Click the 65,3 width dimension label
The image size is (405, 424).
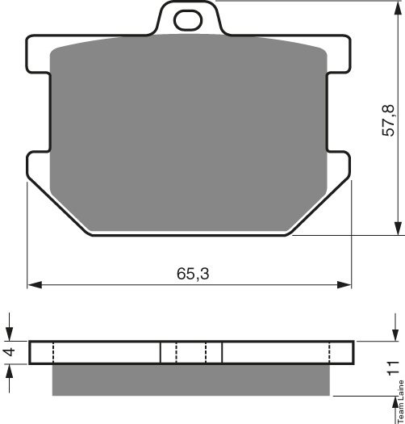(x=193, y=274)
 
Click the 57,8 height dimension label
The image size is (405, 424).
(x=389, y=120)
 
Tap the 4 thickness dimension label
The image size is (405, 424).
(x=10, y=352)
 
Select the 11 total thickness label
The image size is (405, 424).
(x=393, y=368)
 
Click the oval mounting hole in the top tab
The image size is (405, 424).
(x=188, y=20)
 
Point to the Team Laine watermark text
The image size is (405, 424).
(x=401, y=401)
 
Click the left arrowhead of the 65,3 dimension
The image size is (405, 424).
(x=35, y=285)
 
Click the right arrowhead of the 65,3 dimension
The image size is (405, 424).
(x=344, y=285)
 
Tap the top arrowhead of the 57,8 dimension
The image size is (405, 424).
(x=398, y=9)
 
